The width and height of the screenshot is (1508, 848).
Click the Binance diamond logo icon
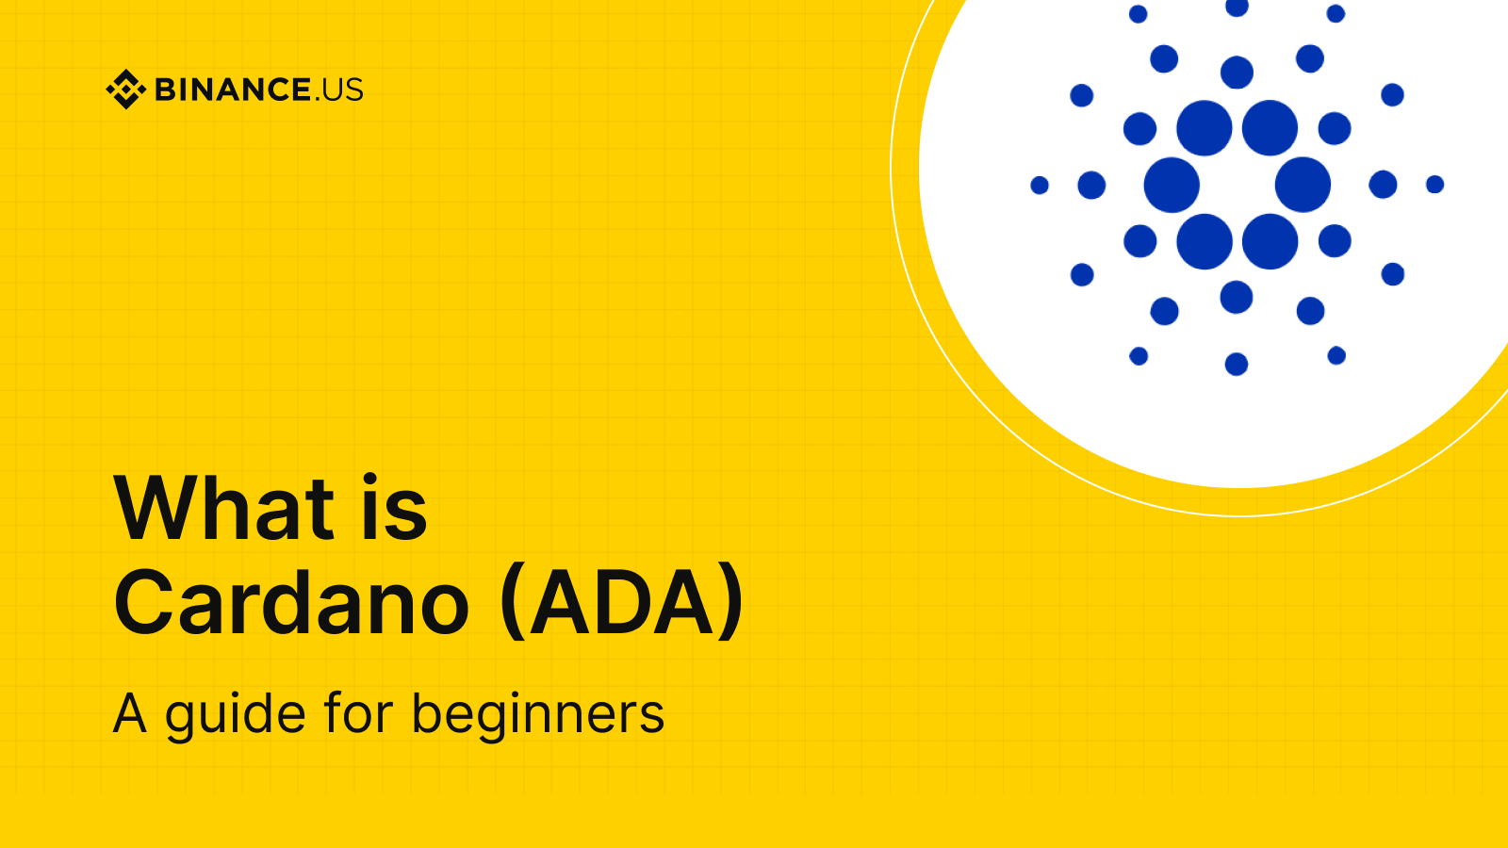pyautogui.click(x=125, y=90)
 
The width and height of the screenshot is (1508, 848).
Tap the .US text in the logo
pyautogui.click(x=338, y=90)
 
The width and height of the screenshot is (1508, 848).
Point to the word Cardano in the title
pyautogui.click(x=291, y=603)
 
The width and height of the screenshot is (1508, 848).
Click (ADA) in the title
pyautogui.click(x=623, y=603)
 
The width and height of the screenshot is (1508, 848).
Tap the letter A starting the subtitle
pyautogui.click(x=130, y=714)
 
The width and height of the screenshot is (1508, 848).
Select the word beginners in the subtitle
pyautogui.click(x=538, y=714)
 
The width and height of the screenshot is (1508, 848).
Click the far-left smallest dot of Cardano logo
pyautogui.click(x=1040, y=185)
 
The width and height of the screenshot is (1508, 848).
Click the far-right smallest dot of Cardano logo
pyautogui.click(x=1434, y=185)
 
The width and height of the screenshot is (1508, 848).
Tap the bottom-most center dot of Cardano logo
pyautogui.click(x=1237, y=364)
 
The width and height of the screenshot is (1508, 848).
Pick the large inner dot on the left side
pyautogui.click(x=1172, y=185)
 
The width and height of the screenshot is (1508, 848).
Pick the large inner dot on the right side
pyautogui.click(x=1303, y=185)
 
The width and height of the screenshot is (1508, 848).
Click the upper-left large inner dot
pyautogui.click(x=1205, y=128)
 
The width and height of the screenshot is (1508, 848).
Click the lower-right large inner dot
pyautogui.click(x=1270, y=241)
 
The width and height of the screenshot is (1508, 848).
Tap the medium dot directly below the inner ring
pyautogui.click(x=1237, y=297)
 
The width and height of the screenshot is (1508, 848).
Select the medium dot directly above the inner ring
pyautogui.click(x=1237, y=73)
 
